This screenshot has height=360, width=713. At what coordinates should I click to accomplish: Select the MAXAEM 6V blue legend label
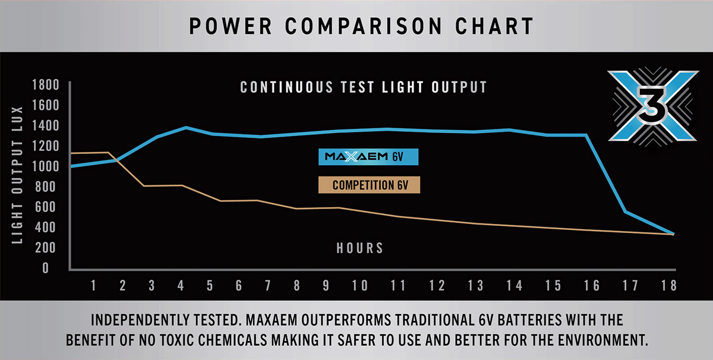click(x=368, y=157)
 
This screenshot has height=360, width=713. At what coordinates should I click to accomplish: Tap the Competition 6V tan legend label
click(x=368, y=185)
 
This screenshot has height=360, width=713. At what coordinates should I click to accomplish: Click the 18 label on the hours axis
click(x=669, y=286)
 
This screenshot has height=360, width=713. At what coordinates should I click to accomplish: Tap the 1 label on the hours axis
click(x=93, y=286)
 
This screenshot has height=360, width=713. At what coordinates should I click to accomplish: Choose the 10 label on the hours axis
click(x=359, y=286)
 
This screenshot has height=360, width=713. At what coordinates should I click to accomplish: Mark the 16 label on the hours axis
click(x=591, y=286)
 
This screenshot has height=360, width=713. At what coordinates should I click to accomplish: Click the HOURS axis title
click(x=359, y=248)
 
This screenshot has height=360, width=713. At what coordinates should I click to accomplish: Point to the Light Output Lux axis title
click(x=17, y=175)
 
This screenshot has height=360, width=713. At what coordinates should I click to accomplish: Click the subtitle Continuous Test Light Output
click(x=364, y=87)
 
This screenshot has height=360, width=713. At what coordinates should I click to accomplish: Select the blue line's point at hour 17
click(x=625, y=211)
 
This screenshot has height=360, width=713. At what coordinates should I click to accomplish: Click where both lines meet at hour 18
click(x=673, y=234)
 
